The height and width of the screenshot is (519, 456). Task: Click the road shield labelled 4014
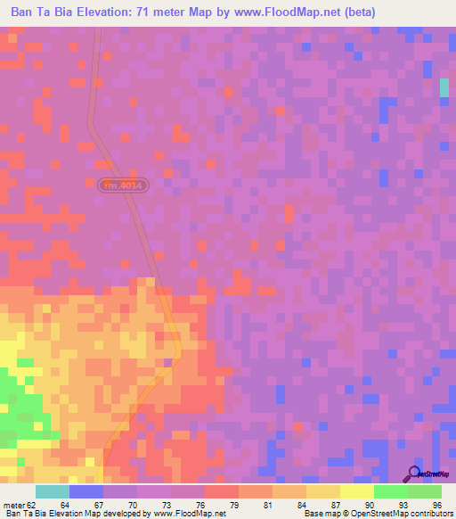(123, 185)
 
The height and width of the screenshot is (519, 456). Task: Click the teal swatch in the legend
(53, 491)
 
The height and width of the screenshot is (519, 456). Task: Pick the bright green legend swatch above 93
(391, 491)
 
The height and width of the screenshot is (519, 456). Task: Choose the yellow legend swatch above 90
(357, 491)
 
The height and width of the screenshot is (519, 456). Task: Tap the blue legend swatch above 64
(86, 491)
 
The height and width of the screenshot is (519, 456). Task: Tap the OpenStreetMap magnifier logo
(413, 473)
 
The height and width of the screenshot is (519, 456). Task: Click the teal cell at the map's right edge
(444, 87)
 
